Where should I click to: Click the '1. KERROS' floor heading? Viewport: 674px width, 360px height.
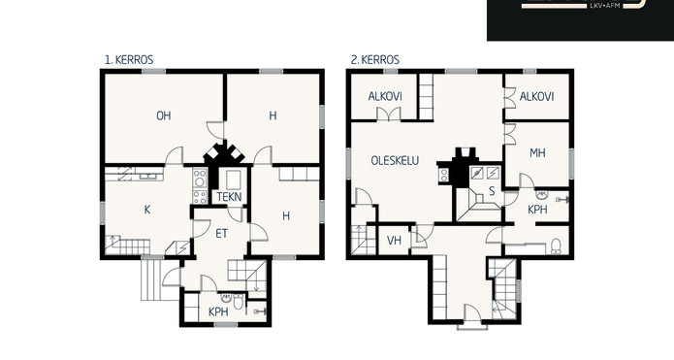click(129, 60)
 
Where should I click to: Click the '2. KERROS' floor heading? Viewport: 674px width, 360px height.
click(375, 60)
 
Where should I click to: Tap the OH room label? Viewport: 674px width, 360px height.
click(163, 115)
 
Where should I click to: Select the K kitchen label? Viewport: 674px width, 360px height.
click(147, 210)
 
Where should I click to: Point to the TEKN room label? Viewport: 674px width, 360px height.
click(229, 197)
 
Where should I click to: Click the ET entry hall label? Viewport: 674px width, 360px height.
click(221, 234)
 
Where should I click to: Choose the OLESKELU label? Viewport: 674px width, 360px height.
click(395, 160)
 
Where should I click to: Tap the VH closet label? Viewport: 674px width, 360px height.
click(394, 240)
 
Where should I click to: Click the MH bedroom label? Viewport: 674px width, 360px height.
click(537, 152)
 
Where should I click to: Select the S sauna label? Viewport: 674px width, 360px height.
click(492, 191)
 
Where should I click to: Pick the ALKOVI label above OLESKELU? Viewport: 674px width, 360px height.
click(385, 96)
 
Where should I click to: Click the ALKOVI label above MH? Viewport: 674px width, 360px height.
click(536, 96)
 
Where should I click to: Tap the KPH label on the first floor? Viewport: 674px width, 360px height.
click(218, 311)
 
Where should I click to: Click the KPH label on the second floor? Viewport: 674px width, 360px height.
click(537, 210)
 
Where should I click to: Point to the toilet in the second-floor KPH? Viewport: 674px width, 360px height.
click(556, 246)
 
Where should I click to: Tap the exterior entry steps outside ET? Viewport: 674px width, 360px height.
click(151, 278)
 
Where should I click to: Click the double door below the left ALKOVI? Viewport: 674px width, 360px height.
click(389, 114)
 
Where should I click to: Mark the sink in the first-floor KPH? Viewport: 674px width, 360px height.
click(227, 298)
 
